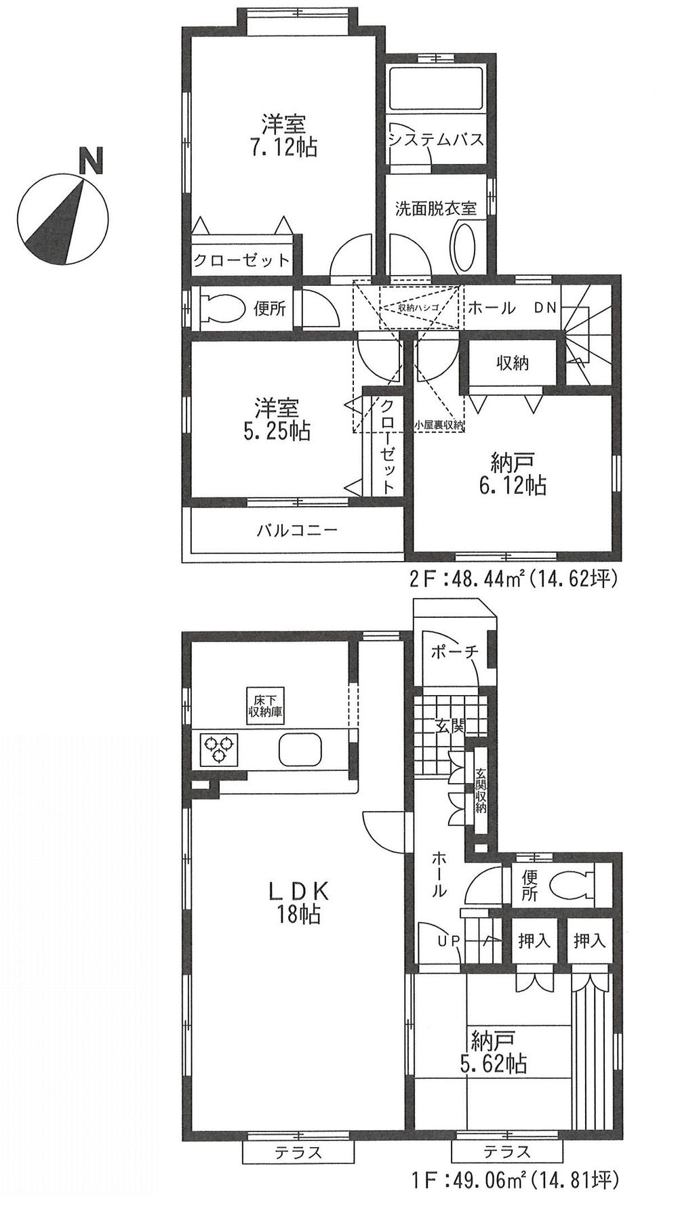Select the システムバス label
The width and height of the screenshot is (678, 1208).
436,140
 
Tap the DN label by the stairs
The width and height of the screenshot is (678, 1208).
544,308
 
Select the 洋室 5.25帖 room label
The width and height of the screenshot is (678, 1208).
277,419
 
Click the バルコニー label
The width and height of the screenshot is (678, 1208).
297,530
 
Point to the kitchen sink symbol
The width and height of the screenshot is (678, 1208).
300,749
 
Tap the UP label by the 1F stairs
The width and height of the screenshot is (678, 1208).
448,940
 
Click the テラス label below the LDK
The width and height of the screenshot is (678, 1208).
298,1152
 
